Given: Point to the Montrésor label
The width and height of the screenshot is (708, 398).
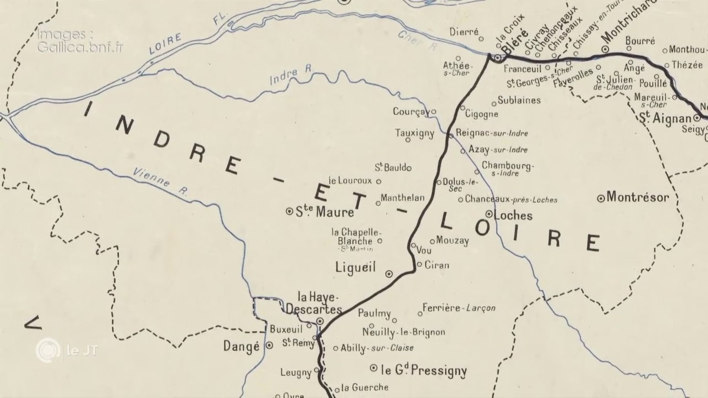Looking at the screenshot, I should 638,197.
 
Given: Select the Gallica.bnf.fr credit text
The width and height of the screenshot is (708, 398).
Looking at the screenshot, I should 80,46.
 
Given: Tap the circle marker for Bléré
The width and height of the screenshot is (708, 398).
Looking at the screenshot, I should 498,57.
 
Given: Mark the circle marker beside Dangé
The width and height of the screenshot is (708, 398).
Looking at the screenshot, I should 269,345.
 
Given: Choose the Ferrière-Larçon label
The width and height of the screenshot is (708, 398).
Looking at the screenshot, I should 459,308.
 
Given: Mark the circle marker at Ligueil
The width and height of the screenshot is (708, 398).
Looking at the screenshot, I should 389,273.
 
